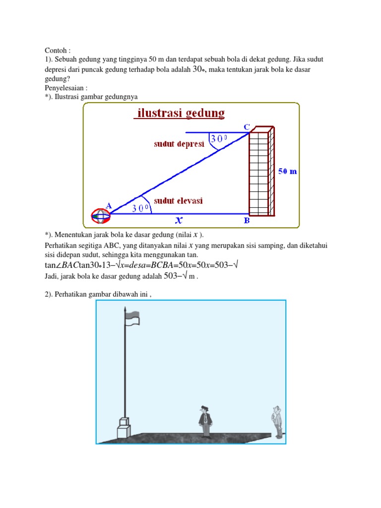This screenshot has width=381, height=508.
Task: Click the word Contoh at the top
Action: [56, 51]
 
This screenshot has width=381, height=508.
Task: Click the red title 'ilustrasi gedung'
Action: [180, 114]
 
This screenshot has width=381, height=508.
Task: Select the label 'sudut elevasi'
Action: [178, 201]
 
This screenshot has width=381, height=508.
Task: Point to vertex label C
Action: [246, 127]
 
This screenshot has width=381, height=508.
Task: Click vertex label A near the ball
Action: [109, 205]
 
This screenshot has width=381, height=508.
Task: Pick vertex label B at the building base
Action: [247, 221]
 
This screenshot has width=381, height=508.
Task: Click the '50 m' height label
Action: [287, 171]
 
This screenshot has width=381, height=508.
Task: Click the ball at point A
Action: [100, 215]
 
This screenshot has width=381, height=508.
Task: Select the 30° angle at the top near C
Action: [218, 140]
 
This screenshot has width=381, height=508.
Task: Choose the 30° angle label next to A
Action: [141, 209]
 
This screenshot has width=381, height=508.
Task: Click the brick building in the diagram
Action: [261, 171]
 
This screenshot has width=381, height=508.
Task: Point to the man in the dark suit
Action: [204, 421]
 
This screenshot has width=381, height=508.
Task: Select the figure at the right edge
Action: [277, 422]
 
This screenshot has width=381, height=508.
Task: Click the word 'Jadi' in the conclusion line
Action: [51, 277]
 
